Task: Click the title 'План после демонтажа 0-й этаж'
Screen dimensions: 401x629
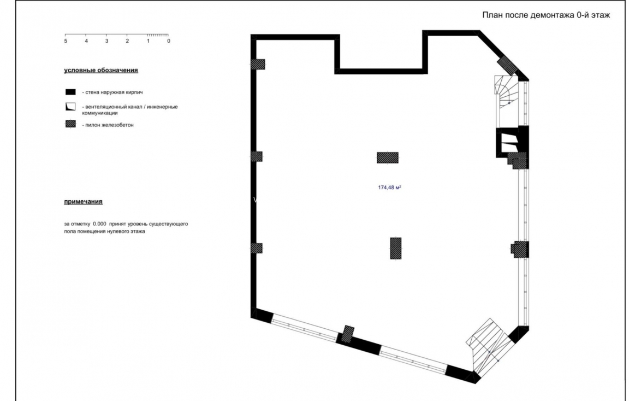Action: pos(545,15)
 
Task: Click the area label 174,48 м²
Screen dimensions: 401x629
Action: pos(389,187)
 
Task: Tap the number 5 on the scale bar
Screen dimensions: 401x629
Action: pos(66,41)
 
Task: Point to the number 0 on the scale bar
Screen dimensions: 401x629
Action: pos(168,41)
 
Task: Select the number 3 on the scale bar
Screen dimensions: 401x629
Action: pos(106,41)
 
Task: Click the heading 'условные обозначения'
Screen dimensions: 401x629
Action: pos(101,70)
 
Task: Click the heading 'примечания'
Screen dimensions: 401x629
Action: pos(83,201)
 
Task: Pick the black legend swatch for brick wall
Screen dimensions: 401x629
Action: pos(70,92)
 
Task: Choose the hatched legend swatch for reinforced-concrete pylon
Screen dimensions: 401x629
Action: pos(70,124)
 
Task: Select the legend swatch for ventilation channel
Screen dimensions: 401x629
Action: pos(70,107)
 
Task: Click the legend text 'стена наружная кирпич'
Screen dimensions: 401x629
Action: pos(116,92)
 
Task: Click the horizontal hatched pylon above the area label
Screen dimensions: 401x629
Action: pos(388,158)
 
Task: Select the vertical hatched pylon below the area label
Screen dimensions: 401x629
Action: pos(395,248)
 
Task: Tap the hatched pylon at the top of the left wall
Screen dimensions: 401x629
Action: pos(258,64)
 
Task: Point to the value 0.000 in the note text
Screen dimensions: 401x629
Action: pos(99,224)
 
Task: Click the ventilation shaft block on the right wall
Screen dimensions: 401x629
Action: pos(508,142)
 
